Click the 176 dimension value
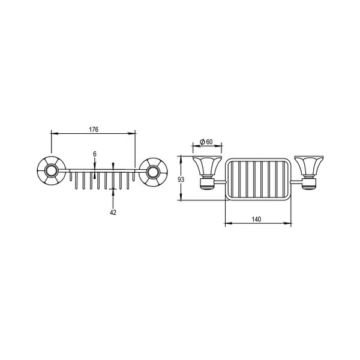click(93, 130)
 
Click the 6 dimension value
click(95, 154)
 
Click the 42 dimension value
click(114, 211)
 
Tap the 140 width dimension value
click(257, 220)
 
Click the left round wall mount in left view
click(50, 172)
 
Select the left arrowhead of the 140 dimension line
click(226, 225)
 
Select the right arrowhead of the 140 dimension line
click(290, 225)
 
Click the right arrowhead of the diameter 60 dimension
click(220, 146)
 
